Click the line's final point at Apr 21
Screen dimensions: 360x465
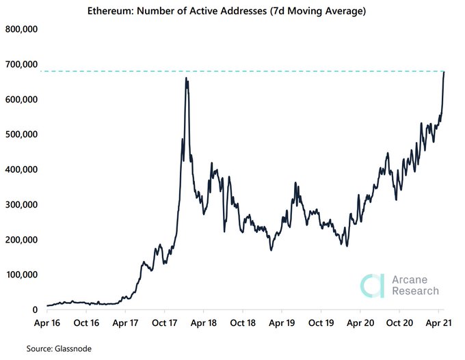[x=444, y=72]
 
